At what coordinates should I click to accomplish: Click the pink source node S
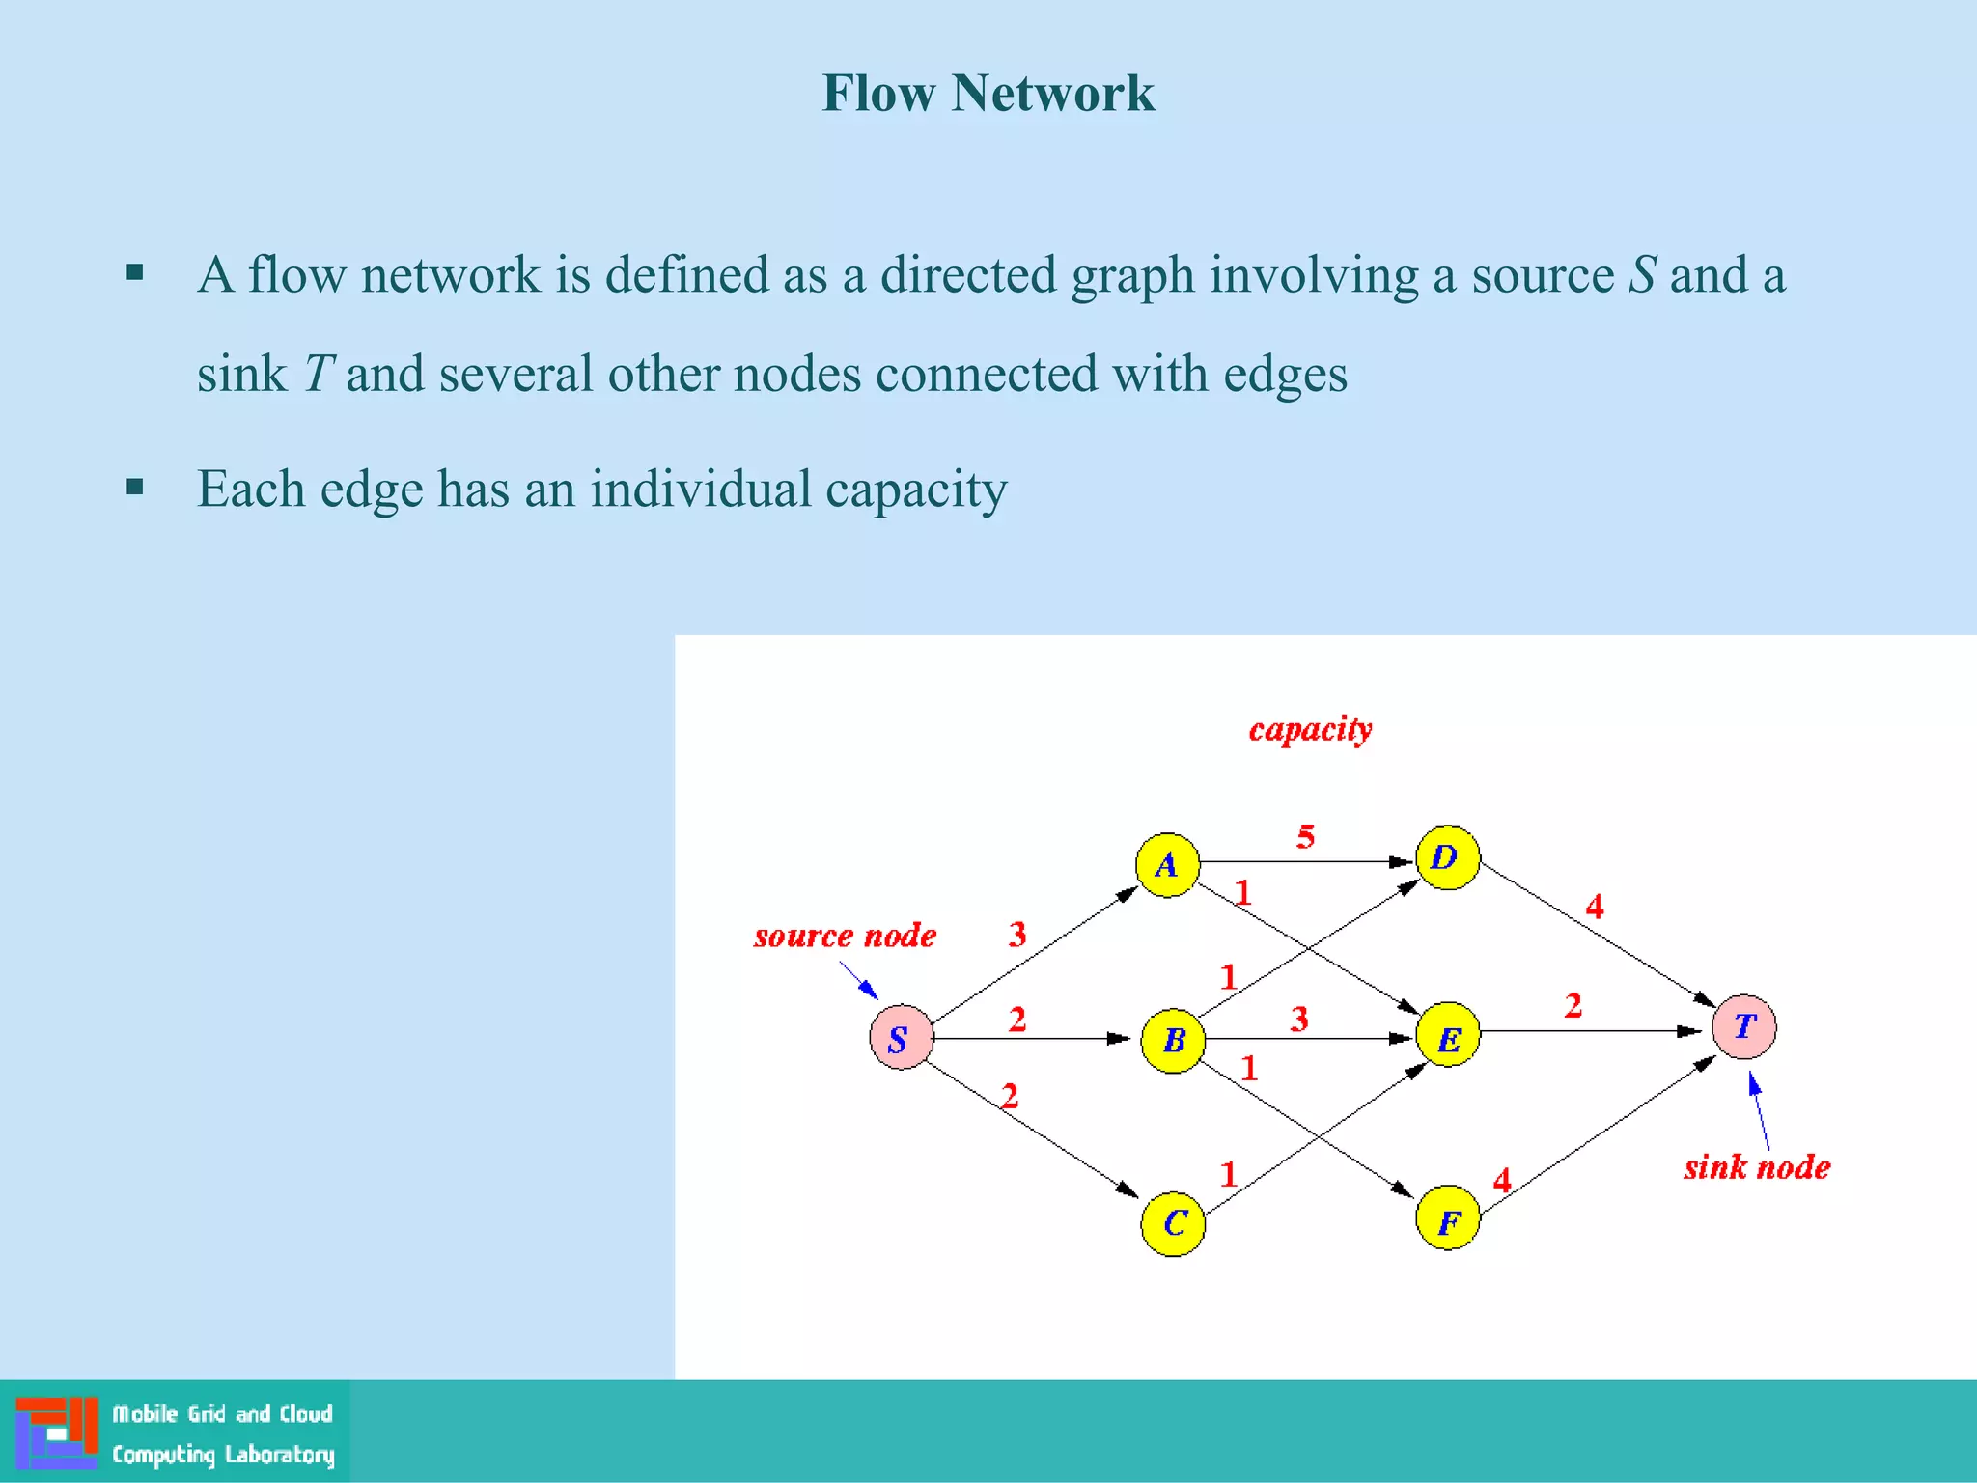(901, 1038)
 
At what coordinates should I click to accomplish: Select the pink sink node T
(1743, 1026)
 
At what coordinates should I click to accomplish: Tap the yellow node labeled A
(1167, 864)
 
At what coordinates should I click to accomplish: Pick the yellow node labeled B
(1172, 1040)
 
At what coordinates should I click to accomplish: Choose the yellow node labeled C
(1172, 1223)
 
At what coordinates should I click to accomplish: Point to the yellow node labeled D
(1447, 857)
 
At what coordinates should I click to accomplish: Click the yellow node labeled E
(1447, 1034)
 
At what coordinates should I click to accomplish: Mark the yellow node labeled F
(1447, 1218)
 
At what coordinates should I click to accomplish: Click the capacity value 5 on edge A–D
(1305, 836)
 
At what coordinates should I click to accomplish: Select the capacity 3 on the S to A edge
(1017, 934)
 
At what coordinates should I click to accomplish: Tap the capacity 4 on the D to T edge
(1595, 907)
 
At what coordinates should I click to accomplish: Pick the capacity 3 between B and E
(1299, 1019)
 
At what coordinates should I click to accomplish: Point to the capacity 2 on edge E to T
(1573, 1006)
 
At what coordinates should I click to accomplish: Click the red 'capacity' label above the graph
(1310, 729)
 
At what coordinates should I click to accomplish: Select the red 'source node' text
(845, 936)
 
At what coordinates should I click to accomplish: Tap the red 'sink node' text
(1757, 1167)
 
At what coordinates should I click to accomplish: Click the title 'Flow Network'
(988, 94)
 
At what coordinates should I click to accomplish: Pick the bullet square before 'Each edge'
(135, 487)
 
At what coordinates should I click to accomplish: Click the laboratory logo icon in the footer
(56, 1432)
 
